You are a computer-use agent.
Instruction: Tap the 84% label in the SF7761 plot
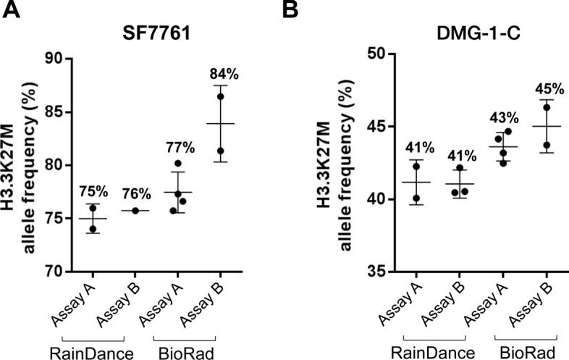221,74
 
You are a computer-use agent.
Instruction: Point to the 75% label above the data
93,192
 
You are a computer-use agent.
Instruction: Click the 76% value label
135,193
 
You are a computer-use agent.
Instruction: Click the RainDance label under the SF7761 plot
93,351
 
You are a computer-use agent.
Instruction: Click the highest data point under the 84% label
220,96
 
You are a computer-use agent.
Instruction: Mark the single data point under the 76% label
135,211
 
